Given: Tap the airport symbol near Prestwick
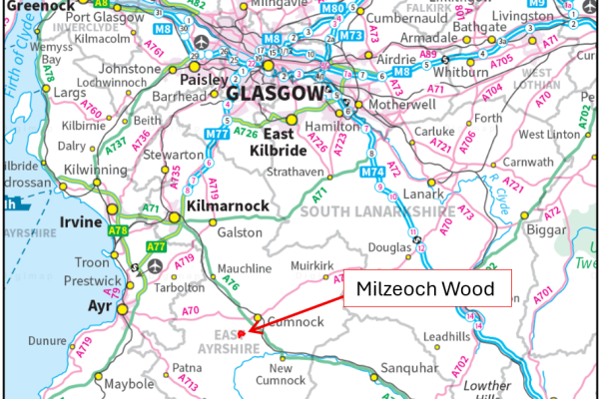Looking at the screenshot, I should [155, 267].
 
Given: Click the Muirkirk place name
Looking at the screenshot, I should [309, 266].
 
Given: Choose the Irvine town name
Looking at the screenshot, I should [82, 221].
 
